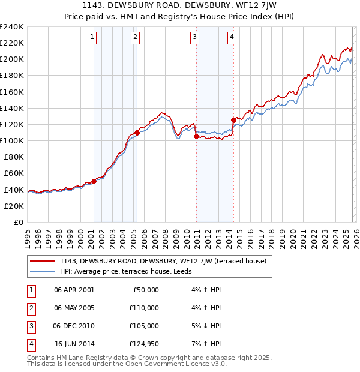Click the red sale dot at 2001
pyautogui.click(x=94, y=181)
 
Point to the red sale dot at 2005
pyautogui.click(x=137, y=133)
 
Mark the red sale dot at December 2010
pyautogui.click(x=196, y=137)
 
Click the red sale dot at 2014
pyautogui.click(x=233, y=119)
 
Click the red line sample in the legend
pyautogui.click(x=42, y=261)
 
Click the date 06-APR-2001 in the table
pyautogui.click(x=74, y=290)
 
